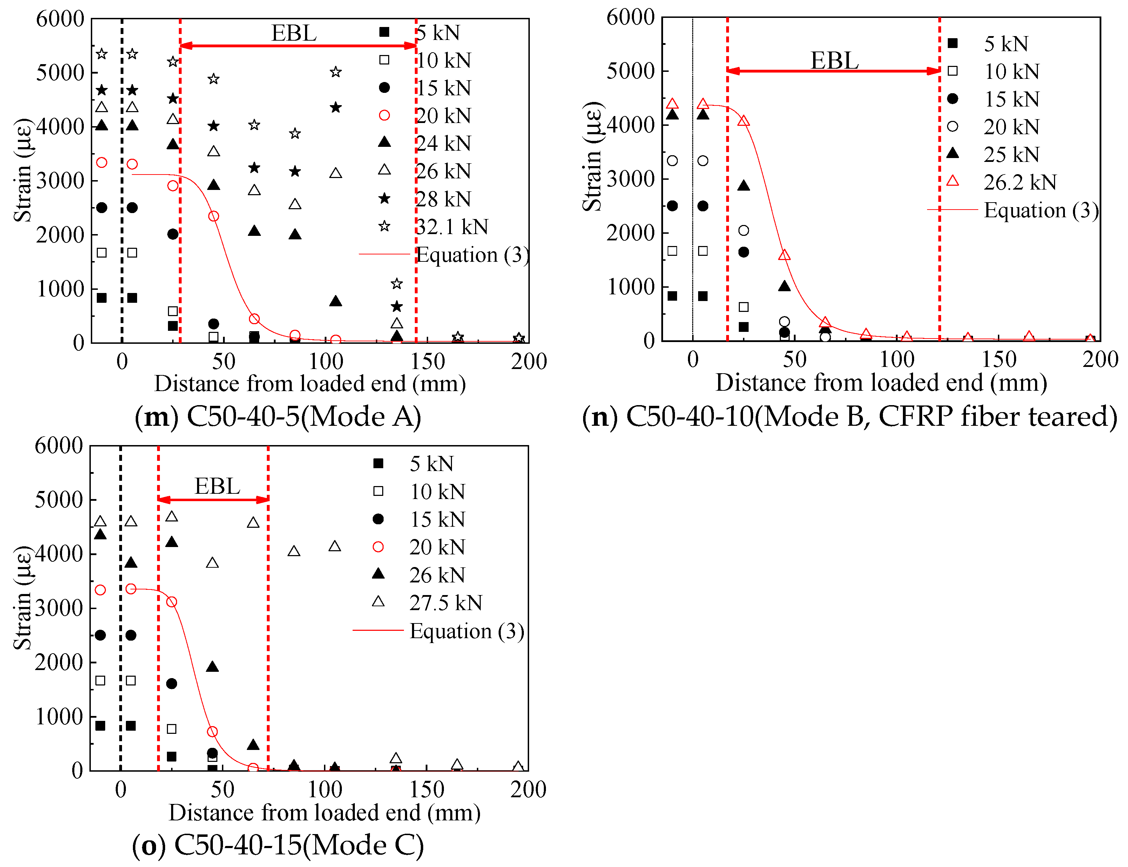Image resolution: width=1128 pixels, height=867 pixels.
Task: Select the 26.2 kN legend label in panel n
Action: (x=1020, y=182)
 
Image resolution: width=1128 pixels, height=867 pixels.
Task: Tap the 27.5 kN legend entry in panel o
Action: (x=446, y=603)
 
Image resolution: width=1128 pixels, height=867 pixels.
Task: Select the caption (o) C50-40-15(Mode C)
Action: (x=278, y=845)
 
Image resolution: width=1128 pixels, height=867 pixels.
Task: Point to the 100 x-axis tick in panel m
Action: (x=326, y=361)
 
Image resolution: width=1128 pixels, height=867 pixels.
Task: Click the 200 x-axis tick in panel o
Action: (x=528, y=790)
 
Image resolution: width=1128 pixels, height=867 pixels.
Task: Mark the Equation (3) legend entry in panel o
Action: (x=466, y=631)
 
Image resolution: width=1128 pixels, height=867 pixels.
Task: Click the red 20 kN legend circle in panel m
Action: (x=384, y=115)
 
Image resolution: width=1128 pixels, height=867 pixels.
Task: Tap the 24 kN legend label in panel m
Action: (x=444, y=143)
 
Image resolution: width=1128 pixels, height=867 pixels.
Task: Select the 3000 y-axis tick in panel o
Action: (x=58, y=608)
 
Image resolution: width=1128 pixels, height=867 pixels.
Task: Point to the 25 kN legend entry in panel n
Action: (x=1011, y=154)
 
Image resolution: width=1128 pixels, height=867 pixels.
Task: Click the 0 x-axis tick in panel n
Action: (x=692, y=360)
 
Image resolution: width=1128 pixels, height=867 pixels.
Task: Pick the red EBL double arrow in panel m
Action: (x=298, y=46)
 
